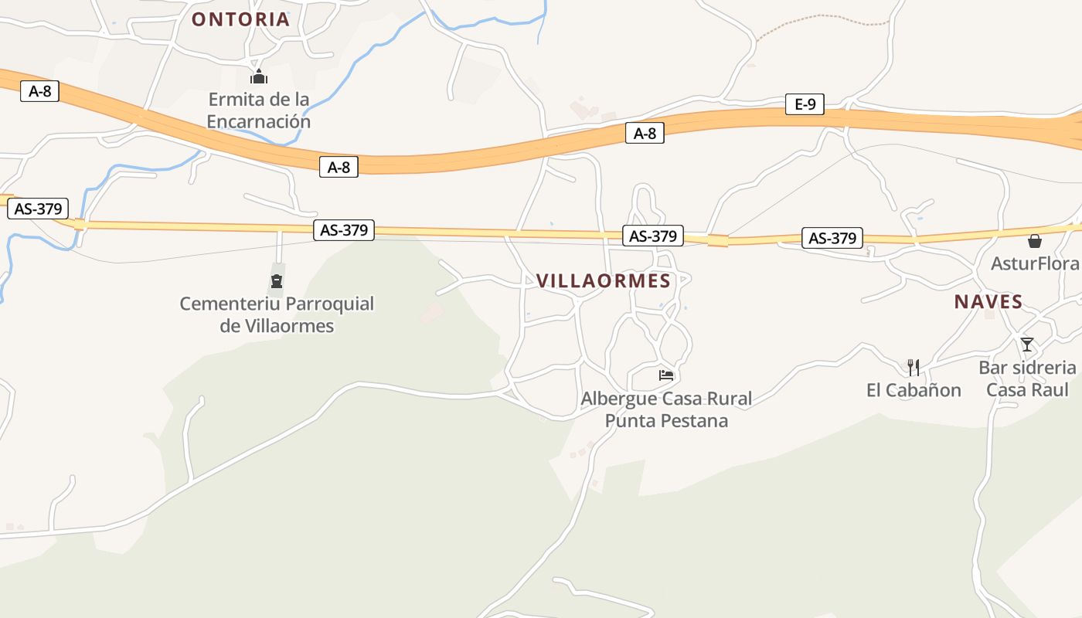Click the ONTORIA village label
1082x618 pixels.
pos(240,19)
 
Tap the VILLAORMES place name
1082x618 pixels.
pos(604,281)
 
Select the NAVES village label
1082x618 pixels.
pos(988,302)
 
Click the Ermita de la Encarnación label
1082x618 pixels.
pos(258,110)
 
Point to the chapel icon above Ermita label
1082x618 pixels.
pos(258,76)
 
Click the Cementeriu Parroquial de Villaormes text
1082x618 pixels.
pos(277,314)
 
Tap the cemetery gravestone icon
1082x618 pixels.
pos(277,281)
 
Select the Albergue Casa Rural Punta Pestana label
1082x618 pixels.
pos(666,409)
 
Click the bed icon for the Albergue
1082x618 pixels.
pos(666,375)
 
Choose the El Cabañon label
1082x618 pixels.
pos(914,390)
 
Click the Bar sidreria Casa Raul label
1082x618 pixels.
pos(1027,379)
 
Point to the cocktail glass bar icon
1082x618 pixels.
pos(1027,345)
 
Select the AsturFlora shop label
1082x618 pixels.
pos(1035,264)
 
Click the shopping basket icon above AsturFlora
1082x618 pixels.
pos(1035,242)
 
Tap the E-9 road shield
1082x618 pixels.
pos(805,104)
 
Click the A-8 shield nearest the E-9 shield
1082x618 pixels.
pos(645,134)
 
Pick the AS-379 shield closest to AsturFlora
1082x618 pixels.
pos(832,239)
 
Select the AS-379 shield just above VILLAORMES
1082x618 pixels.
pos(653,236)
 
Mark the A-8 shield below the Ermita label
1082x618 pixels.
pos(339,167)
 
